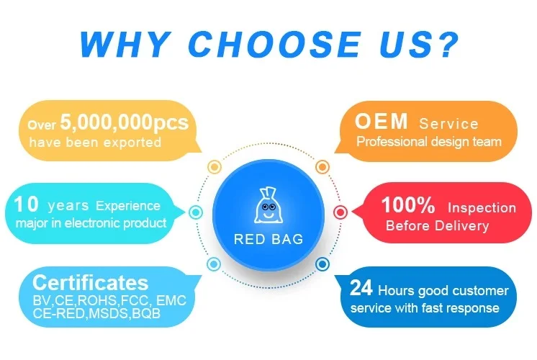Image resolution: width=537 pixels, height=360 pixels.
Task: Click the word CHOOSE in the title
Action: [275, 44]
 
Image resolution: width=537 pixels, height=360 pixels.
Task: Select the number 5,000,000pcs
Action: [125, 122]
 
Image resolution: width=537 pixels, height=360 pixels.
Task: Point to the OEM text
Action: [382, 121]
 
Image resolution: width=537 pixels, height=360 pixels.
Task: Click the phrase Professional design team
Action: [429, 141]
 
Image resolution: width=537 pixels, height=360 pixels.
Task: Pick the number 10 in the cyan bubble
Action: [26, 204]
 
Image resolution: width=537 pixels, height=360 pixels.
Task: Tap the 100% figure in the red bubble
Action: [408, 204]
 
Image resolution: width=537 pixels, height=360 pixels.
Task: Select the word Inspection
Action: [482, 207]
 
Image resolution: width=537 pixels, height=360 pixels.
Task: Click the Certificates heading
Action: [91, 282]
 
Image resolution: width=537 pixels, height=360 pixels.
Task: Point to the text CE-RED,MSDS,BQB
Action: [96, 313]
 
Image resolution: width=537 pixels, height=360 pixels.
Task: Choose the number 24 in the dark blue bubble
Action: [361, 288]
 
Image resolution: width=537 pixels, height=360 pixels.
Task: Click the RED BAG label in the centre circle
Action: [268, 239]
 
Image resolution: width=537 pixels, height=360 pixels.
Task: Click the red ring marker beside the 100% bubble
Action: [340, 212]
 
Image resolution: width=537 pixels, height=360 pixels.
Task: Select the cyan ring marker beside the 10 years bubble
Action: [196, 212]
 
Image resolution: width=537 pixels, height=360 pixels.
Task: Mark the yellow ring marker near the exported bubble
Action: [215, 167]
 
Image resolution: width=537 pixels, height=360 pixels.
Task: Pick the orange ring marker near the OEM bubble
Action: [322, 167]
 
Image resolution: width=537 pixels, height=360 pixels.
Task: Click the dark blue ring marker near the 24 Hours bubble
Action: [322, 264]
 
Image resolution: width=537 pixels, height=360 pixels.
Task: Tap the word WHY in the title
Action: [126, 44]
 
